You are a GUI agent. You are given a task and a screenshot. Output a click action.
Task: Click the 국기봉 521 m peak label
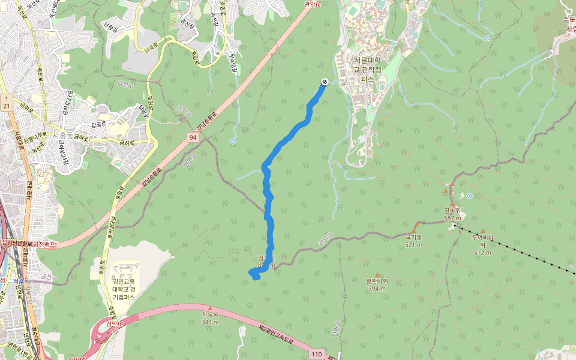point(414,241)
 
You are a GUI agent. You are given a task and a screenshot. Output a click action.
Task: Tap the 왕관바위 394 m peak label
point(377,284)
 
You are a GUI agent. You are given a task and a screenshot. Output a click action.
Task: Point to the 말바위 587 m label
point(452,214)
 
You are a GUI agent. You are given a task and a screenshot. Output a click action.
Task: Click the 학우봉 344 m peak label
point(210,318)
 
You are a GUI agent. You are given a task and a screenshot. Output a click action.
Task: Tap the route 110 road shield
point(316,355)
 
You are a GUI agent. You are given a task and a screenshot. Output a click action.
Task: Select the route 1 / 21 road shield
point(6,101)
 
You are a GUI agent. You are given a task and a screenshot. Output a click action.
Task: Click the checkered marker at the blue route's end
point(324,82)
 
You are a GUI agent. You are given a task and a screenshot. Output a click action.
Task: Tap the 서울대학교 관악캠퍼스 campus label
point(368,69)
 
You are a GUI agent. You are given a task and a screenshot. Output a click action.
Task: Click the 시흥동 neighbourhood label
point(62,136)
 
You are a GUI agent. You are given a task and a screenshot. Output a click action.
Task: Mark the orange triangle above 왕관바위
point(377,275)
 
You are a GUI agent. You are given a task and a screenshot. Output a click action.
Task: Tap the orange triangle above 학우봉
point(210,308)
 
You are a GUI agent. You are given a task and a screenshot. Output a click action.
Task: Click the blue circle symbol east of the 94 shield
point(232,142)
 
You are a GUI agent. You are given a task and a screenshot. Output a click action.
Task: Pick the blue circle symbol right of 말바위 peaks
point(469,196)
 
